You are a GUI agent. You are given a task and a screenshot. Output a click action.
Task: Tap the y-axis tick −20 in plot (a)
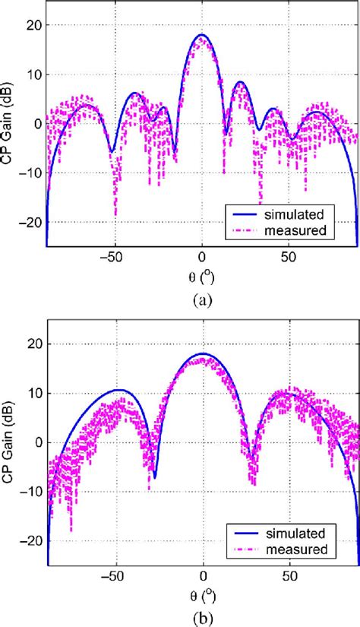29,222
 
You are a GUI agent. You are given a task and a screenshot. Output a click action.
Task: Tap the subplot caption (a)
202,299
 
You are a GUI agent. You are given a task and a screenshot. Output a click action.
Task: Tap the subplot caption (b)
202,618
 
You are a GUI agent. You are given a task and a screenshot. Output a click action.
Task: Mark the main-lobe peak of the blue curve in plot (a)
202,35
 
